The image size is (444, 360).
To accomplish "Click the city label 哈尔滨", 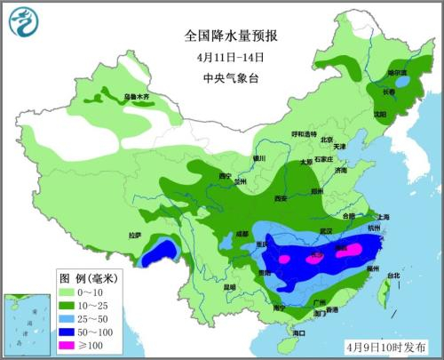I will pos(396,72).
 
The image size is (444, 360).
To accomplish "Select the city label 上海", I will pos(383,217).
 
